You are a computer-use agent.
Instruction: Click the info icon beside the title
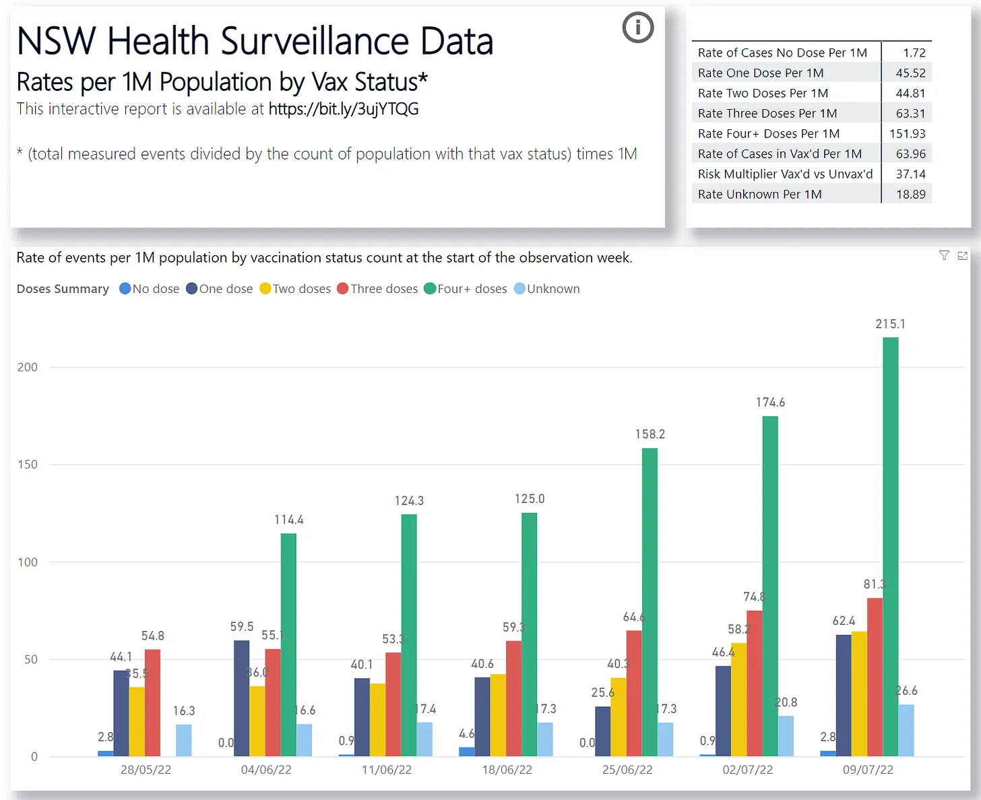pos(637,28)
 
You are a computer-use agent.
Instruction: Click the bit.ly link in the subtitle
pos(344,109)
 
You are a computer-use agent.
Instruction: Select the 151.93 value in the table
pos(907,133)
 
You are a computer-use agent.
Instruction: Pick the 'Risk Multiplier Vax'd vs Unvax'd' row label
pos(785,174)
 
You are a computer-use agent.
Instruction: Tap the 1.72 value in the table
pos(914,53)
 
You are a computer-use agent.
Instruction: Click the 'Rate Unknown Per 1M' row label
pos(759,194)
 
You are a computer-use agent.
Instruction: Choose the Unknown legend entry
pos(546,289)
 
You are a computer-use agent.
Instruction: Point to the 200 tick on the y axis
pos(28,367)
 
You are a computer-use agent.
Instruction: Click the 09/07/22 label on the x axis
pos(868,770)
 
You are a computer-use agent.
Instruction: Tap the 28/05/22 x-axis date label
pos(146,770)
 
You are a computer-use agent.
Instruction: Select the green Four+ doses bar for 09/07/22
pos(890,545)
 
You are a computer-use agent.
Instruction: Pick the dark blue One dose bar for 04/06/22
pos(241,698)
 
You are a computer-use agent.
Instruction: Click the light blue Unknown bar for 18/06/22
pos(545,739)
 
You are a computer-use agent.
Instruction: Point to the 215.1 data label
pos(890,324)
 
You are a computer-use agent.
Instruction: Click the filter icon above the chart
pos(944,255)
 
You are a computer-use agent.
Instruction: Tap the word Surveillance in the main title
pos(315,42)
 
